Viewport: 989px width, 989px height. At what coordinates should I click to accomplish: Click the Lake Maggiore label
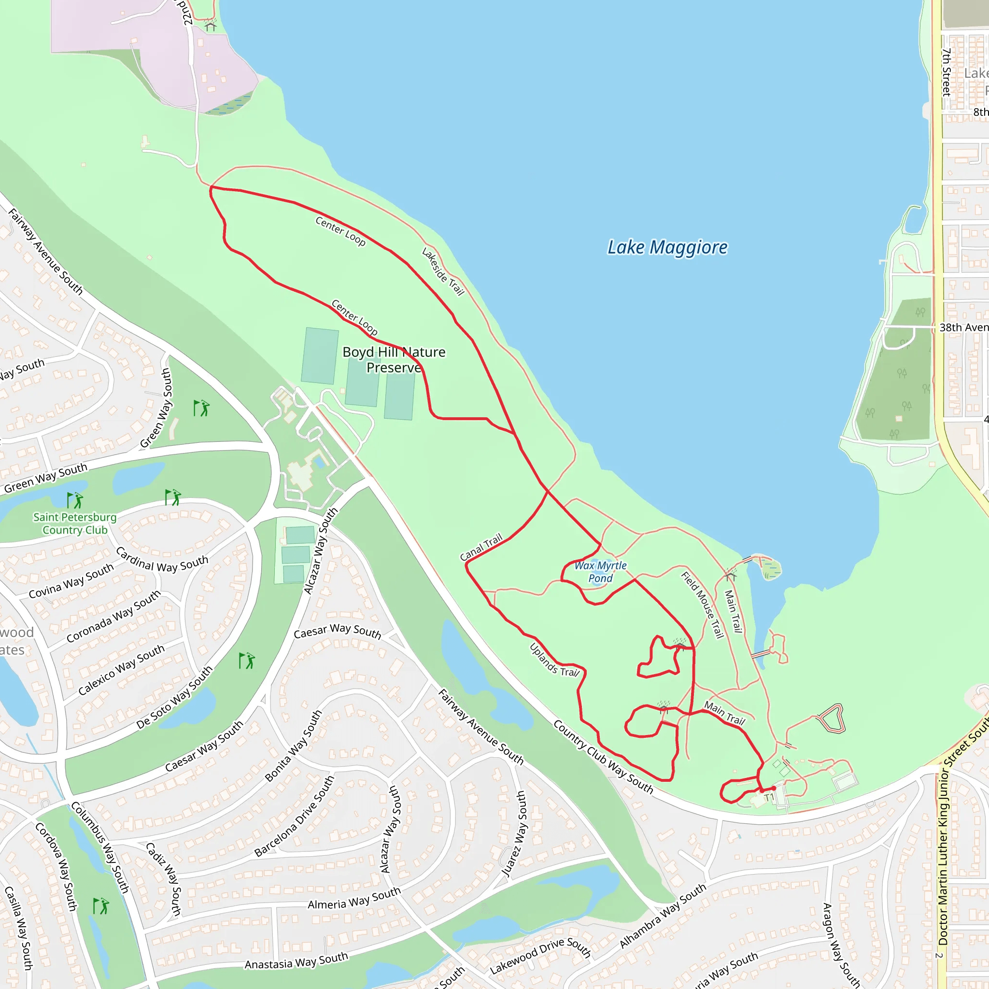point(667,247)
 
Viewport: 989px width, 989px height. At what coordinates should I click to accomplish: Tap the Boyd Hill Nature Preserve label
point(394,360)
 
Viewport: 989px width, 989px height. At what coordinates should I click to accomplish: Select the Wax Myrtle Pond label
point(600,572)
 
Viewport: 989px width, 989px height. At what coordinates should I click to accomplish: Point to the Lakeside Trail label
point(443,272)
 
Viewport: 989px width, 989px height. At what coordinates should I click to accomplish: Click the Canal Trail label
point(481,547)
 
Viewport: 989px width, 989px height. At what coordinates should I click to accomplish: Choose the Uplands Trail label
point(554,660)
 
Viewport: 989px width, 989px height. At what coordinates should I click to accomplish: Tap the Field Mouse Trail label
point(703,605)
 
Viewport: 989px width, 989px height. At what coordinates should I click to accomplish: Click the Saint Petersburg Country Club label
point(75,523)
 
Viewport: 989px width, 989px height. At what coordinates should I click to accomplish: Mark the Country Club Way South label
point(603,757)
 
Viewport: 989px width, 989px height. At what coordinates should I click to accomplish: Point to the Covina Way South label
point(71,581)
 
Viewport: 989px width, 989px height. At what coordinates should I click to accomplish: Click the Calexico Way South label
point(121,670)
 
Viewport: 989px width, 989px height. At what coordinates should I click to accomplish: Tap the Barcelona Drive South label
point(295,817)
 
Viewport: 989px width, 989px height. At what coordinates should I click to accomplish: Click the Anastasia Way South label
point(297,961)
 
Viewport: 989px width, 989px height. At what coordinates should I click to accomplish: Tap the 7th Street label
point(947,72)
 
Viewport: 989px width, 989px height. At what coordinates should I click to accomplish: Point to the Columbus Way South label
point(100,847)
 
